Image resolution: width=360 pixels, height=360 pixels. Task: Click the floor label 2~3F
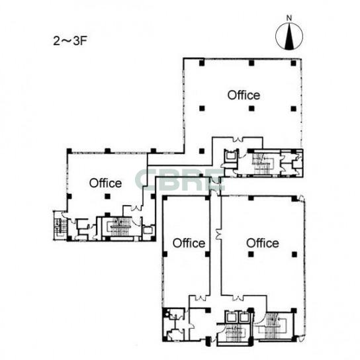tap(70, 41)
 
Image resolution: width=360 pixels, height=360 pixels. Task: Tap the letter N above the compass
tap(289, 18)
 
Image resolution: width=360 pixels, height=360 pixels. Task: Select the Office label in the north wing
tap(244, 95)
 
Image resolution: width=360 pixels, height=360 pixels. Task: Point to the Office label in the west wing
tap(105, 183)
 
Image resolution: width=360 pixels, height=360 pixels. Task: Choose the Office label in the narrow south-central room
tap(189, 243)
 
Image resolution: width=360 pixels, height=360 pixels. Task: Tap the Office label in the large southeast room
tap(263, 243)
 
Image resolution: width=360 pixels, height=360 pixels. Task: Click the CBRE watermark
tap(180, 181)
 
